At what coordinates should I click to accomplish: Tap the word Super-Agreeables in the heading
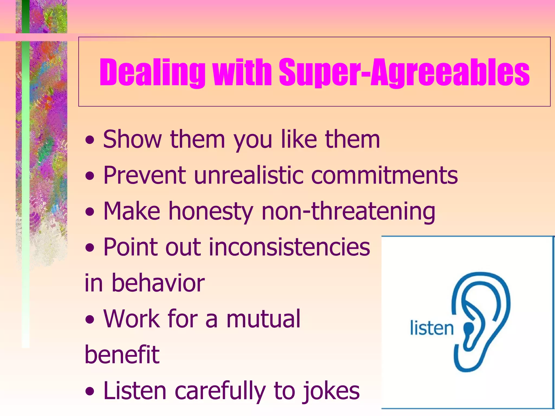tap(404, 72)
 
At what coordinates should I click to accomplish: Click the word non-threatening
tap(348, 212)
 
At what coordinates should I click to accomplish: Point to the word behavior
tap(158, 283)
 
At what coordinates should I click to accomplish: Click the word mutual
tap(263, 319)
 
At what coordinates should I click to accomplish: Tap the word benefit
tap(122, 355)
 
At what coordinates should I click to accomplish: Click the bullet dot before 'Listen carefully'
tap(90, 392)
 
